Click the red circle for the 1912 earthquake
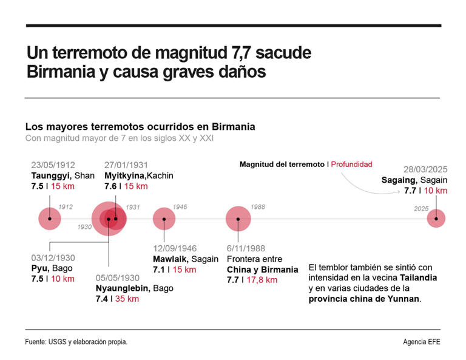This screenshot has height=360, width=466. coord(50,219)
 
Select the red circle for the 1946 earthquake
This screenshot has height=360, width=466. coord(164,219)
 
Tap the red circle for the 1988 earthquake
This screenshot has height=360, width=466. coord(238,219)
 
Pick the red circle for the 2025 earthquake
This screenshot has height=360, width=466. coord(436,219)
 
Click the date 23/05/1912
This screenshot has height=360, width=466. coord(53,165)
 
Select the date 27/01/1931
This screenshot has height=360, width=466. coord(126,165)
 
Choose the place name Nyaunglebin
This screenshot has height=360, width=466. coord(123,288)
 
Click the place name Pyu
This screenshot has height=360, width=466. coord(39,268)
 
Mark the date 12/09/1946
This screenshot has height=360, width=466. coord(175,248)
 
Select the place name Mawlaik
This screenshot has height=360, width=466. coord(172,259)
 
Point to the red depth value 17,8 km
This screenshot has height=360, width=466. coord(262,280)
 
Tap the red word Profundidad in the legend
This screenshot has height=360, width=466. coord(351,165)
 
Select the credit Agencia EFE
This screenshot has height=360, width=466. coord(421,342)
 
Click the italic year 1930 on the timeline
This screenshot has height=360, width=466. coord(84,227)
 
